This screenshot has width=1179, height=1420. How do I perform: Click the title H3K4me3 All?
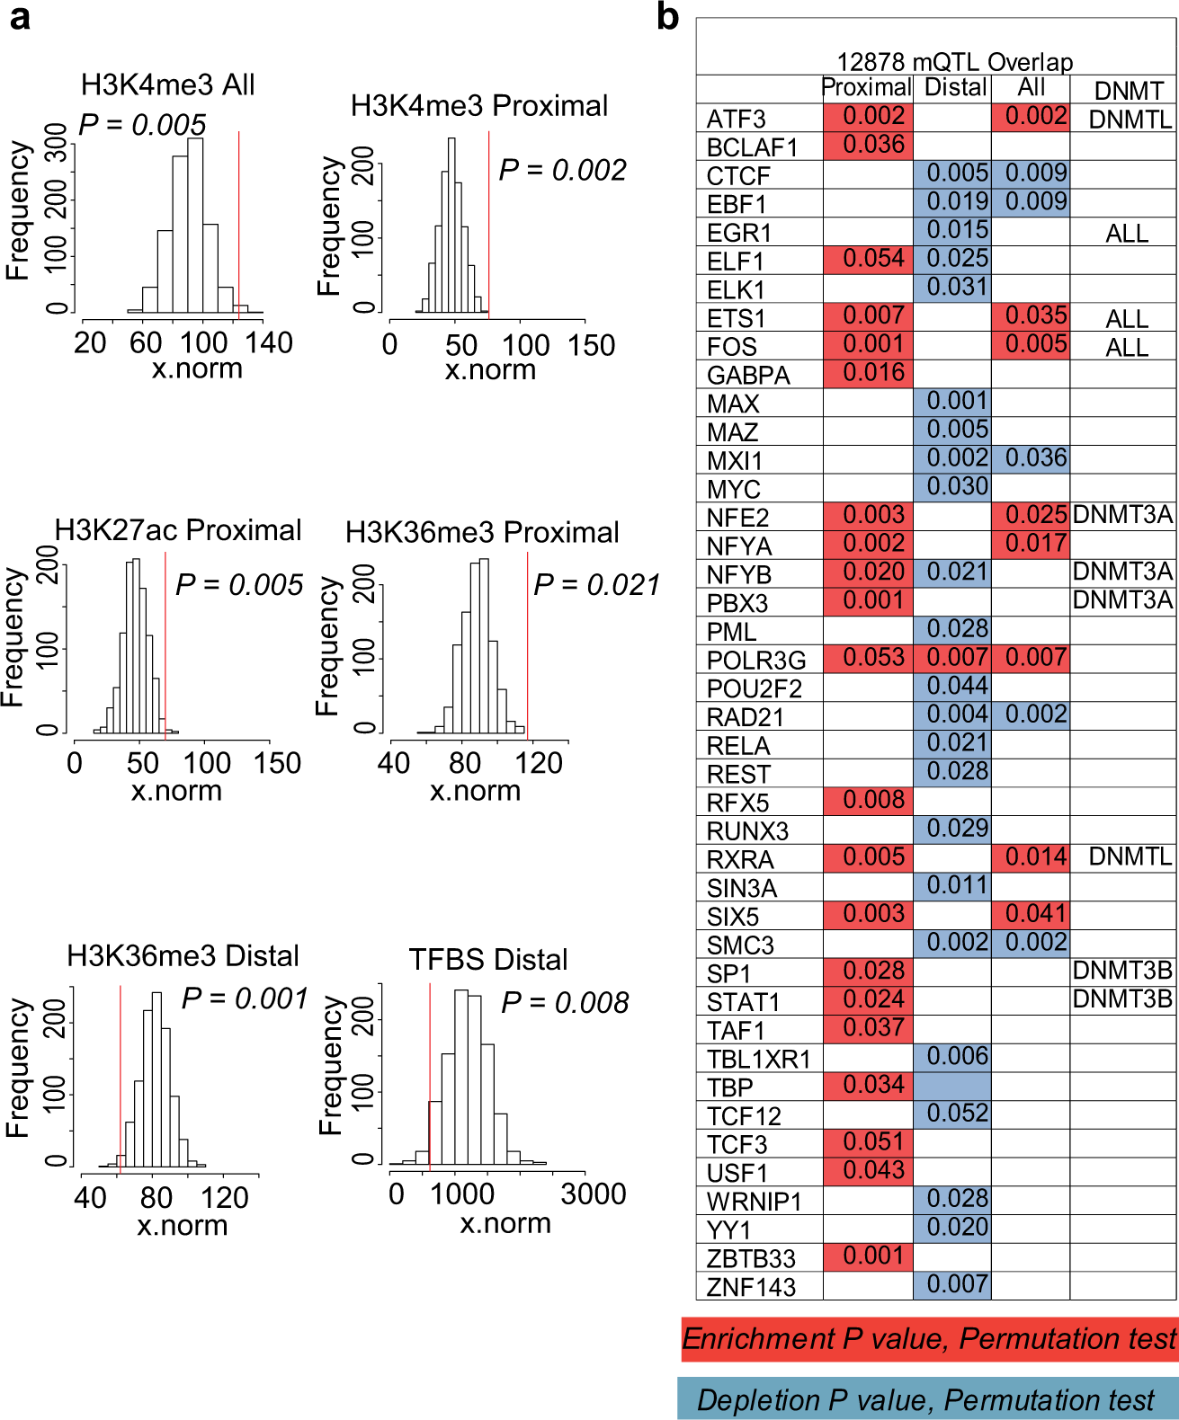tap(168, 85)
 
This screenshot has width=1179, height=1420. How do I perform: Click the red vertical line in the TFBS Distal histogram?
tap(430, 1078)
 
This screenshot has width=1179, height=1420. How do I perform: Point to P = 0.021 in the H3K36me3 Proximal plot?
tap(596, 585)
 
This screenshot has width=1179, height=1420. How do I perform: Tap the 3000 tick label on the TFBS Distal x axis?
tap(593, 1194)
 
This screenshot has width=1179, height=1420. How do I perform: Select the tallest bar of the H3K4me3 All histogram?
tap(195, 225)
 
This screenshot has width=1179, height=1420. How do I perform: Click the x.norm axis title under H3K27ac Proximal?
tap(176, 791)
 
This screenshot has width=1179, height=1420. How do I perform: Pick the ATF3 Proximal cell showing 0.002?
tap(868, 117)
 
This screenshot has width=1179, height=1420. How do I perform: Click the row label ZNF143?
tap(751, 1287)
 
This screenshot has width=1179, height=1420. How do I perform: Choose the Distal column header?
tap(954, 88)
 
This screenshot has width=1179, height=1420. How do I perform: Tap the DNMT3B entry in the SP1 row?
tap(1122, 972)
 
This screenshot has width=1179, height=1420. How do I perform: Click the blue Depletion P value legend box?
tap(926, 1399)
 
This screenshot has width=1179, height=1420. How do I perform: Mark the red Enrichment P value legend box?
tap(928, 1339)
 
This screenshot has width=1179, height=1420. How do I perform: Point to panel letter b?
tap(667, 16)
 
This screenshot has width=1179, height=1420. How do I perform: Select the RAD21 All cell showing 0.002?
tap(1032, 714)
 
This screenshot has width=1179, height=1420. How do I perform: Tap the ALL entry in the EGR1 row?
tap(1126, 234)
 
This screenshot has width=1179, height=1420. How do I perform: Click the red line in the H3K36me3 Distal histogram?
tap(121, 1078)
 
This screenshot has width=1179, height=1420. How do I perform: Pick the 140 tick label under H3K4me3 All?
tap(269, 342)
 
